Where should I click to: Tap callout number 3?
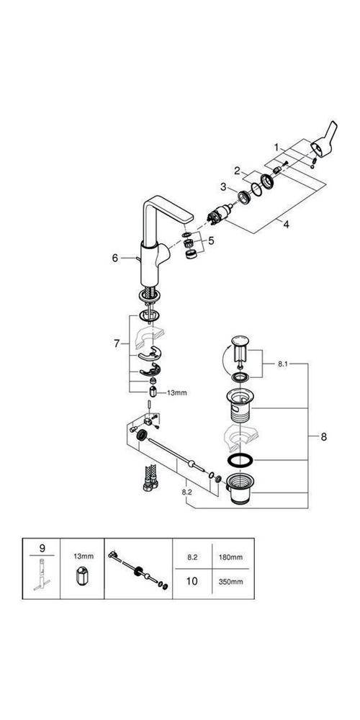point(223,186)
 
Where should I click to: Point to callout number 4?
point(286,225)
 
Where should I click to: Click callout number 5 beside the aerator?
point(212,240)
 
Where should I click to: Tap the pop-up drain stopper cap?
point(240,341)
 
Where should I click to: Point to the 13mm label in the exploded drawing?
point(177,392)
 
